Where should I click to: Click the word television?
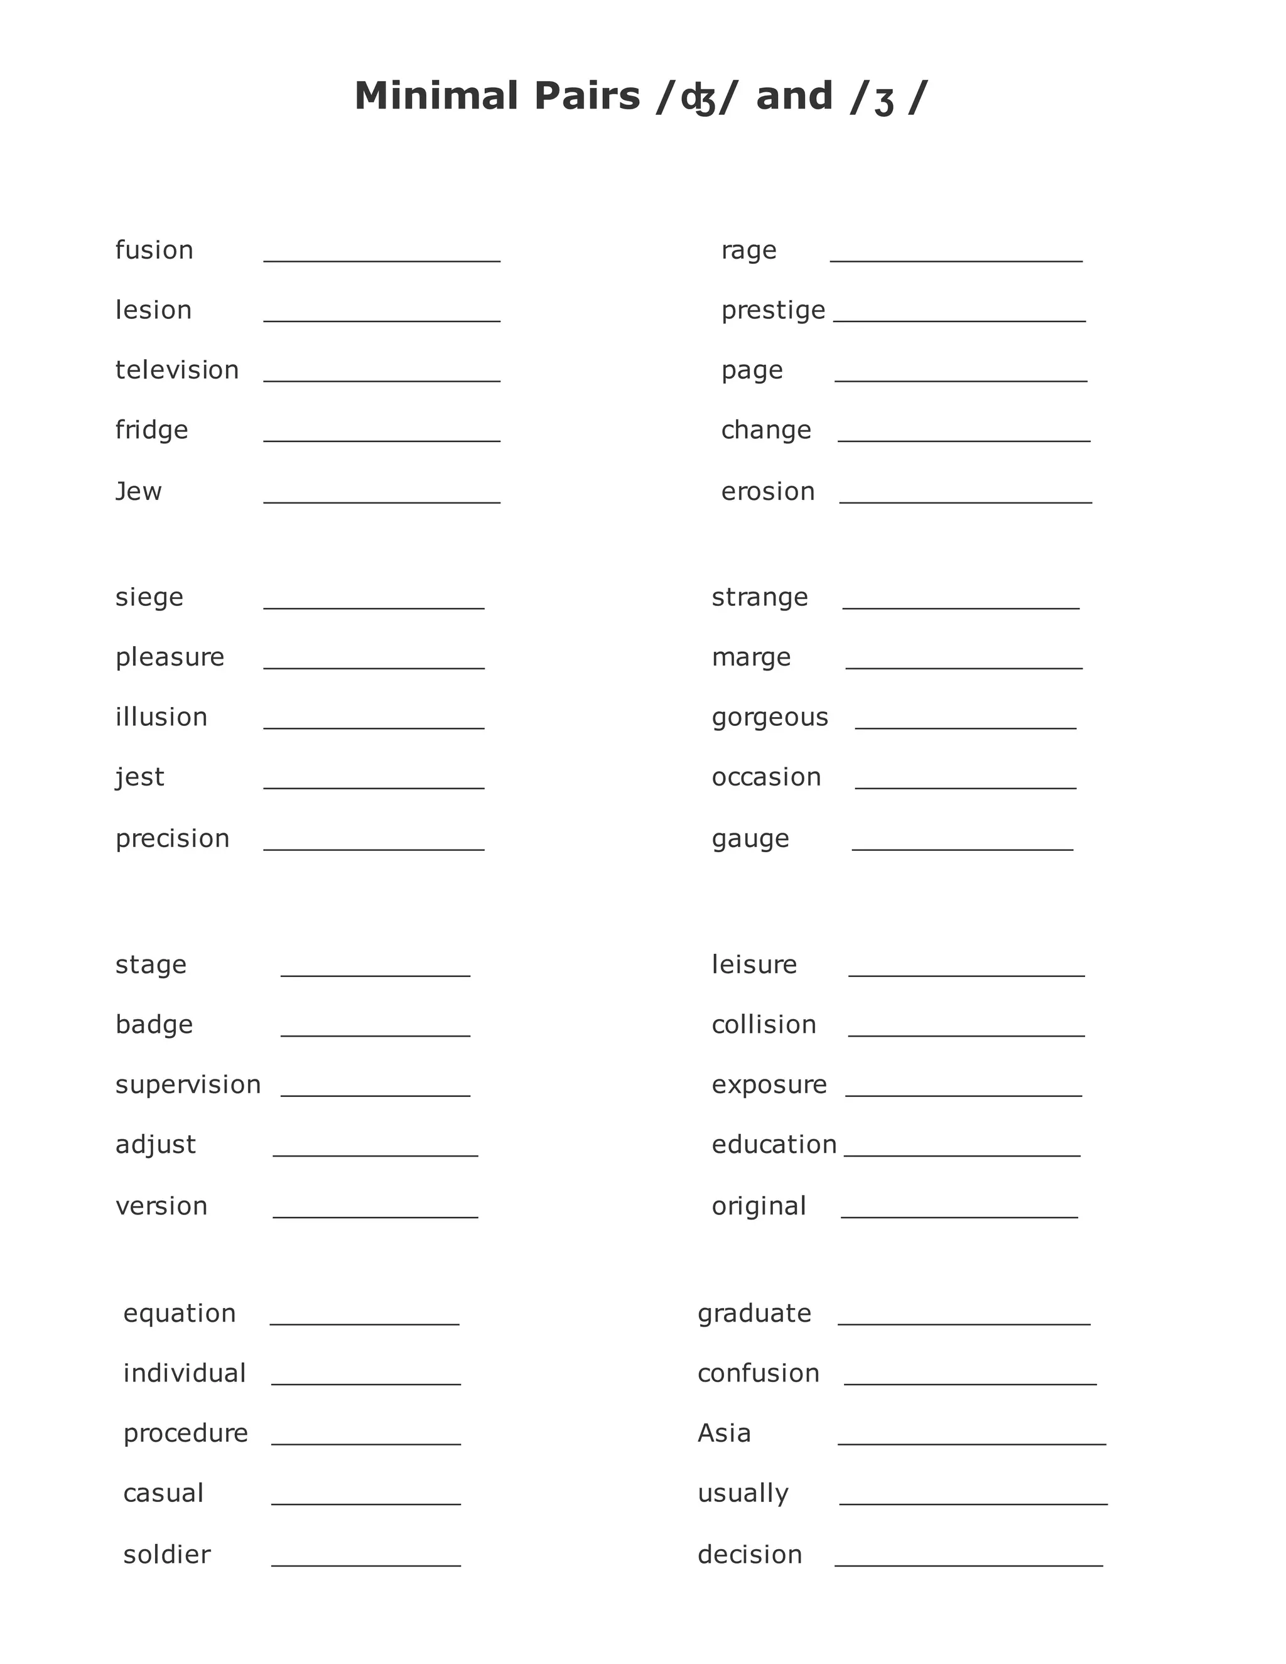176,370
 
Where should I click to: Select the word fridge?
151,431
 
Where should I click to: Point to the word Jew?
138,492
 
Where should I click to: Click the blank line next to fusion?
382,260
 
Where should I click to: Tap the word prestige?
772,311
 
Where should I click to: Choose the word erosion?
768,492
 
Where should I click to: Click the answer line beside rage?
956,260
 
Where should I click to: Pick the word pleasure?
170,657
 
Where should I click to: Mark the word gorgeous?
769,718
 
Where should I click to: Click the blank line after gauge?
962,848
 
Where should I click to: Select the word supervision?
188,1085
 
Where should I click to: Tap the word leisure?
754,964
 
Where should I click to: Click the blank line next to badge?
375,1035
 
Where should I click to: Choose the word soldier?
167,1555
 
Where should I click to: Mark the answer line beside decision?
968,1565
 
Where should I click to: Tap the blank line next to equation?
364,1324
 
